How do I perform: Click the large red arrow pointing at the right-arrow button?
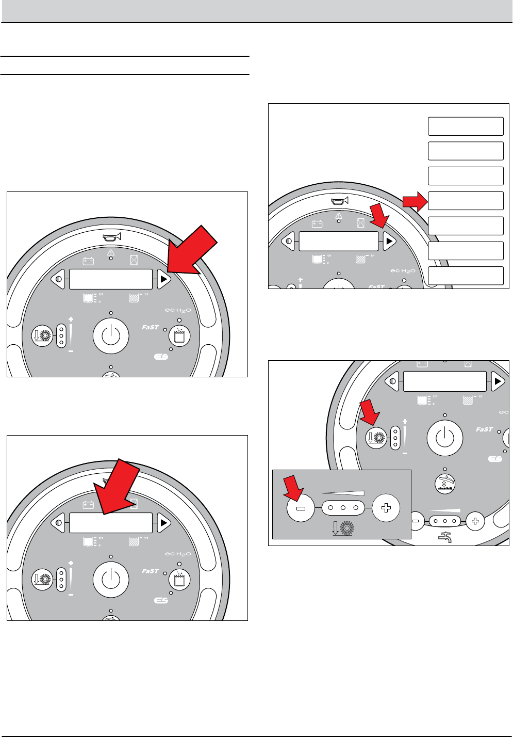(194, 251)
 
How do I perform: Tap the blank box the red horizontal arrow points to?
(466, 201)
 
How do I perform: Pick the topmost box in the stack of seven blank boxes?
(466, 126)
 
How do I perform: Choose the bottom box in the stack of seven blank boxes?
(466, 276)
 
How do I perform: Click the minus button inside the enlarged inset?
(301, 508)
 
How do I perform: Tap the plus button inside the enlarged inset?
(386, 508)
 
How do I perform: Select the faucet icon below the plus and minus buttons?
(445, 538)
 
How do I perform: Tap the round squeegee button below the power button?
(445, 482)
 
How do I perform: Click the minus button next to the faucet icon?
(415, 522)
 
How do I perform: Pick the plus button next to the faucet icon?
(475, 522)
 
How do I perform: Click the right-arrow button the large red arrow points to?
(163, 280)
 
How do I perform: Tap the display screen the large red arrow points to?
(111, 523)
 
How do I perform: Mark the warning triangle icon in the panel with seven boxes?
(339, 216)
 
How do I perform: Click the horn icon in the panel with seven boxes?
(340, 200)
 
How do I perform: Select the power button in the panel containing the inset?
(445, 438)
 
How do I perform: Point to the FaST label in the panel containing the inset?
(484, 429)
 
